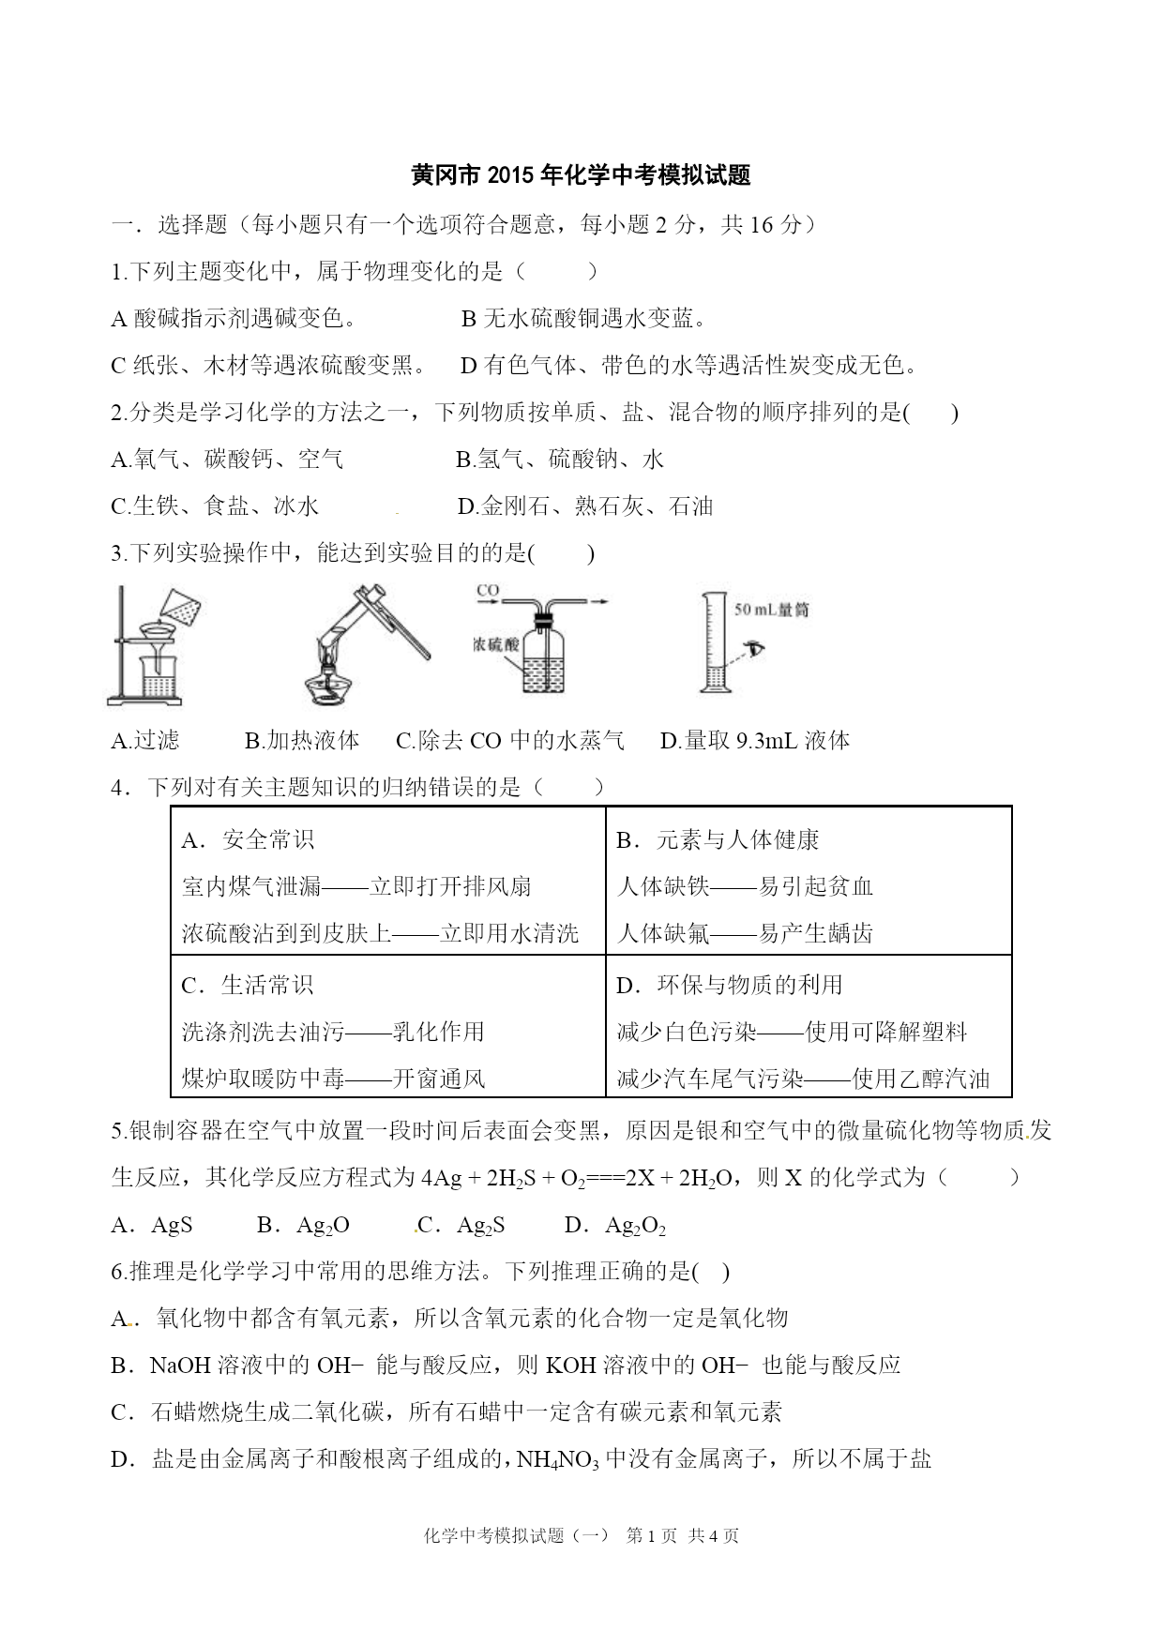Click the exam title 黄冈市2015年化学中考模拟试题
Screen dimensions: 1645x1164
tap(582, 175)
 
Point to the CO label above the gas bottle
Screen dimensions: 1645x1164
tap(488, 590)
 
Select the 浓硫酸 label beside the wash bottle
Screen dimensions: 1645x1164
tap(496, 645)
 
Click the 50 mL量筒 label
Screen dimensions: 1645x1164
tap(770, 610)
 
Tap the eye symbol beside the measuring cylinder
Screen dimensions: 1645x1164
tap(753, 647)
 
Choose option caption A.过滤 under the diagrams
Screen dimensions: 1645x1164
tap(145, 741)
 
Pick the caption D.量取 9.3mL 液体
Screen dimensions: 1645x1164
tap(755, 741)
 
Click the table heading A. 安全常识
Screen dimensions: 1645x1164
tap(248, 840)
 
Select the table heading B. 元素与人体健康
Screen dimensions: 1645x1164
tap(718, 840)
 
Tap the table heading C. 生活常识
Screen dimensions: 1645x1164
tap(248, 985)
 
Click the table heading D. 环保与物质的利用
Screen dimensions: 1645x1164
tap(730, 985)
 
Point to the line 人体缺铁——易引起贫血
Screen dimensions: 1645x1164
tap(746, 886)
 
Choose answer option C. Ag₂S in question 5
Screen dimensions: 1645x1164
tap(461, 1225)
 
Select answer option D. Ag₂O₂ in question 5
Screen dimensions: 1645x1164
tap(615, 1225)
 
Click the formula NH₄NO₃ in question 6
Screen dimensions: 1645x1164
tap(557, 1459)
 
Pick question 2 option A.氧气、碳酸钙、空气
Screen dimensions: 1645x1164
tap(227, 460)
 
